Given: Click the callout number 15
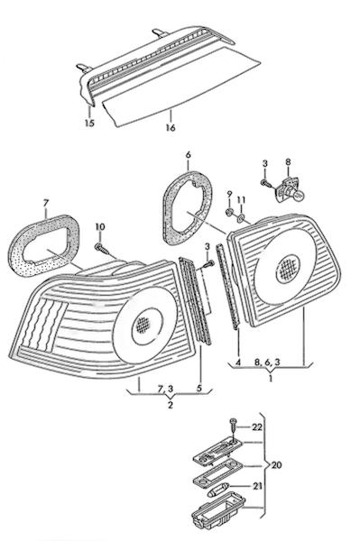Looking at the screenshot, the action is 89,123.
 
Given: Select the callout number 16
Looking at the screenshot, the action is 171,127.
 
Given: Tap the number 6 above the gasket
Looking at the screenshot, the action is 188,155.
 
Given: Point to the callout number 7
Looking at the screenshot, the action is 45,204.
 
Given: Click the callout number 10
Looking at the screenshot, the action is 100,226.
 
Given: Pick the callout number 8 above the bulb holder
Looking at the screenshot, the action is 288,161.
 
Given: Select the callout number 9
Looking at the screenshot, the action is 230,195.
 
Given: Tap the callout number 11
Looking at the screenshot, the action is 241,200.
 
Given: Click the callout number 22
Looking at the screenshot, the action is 257,427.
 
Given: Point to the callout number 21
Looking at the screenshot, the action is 257,486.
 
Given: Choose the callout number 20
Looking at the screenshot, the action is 276,465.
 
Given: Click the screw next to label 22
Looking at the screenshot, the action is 232,425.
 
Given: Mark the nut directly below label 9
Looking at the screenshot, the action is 228,213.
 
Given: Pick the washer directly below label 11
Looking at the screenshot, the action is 241,217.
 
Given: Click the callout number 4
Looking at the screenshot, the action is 238,362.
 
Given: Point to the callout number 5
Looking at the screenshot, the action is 199,388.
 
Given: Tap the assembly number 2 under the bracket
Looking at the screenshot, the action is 171,405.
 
